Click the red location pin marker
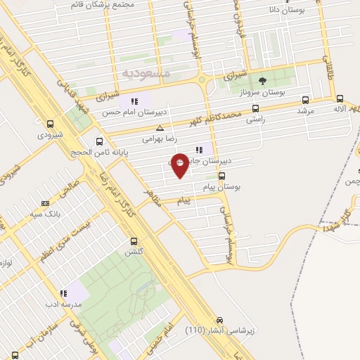(x=180, y=165)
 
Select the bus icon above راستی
(x=255, y=109)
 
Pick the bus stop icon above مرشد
(x=305, y=100)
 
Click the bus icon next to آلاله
(x=340, y=99)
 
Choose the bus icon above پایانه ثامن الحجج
(x=100, y=141)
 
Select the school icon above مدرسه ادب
(x=63, y=293)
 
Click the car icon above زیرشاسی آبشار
(x=220, y=319)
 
